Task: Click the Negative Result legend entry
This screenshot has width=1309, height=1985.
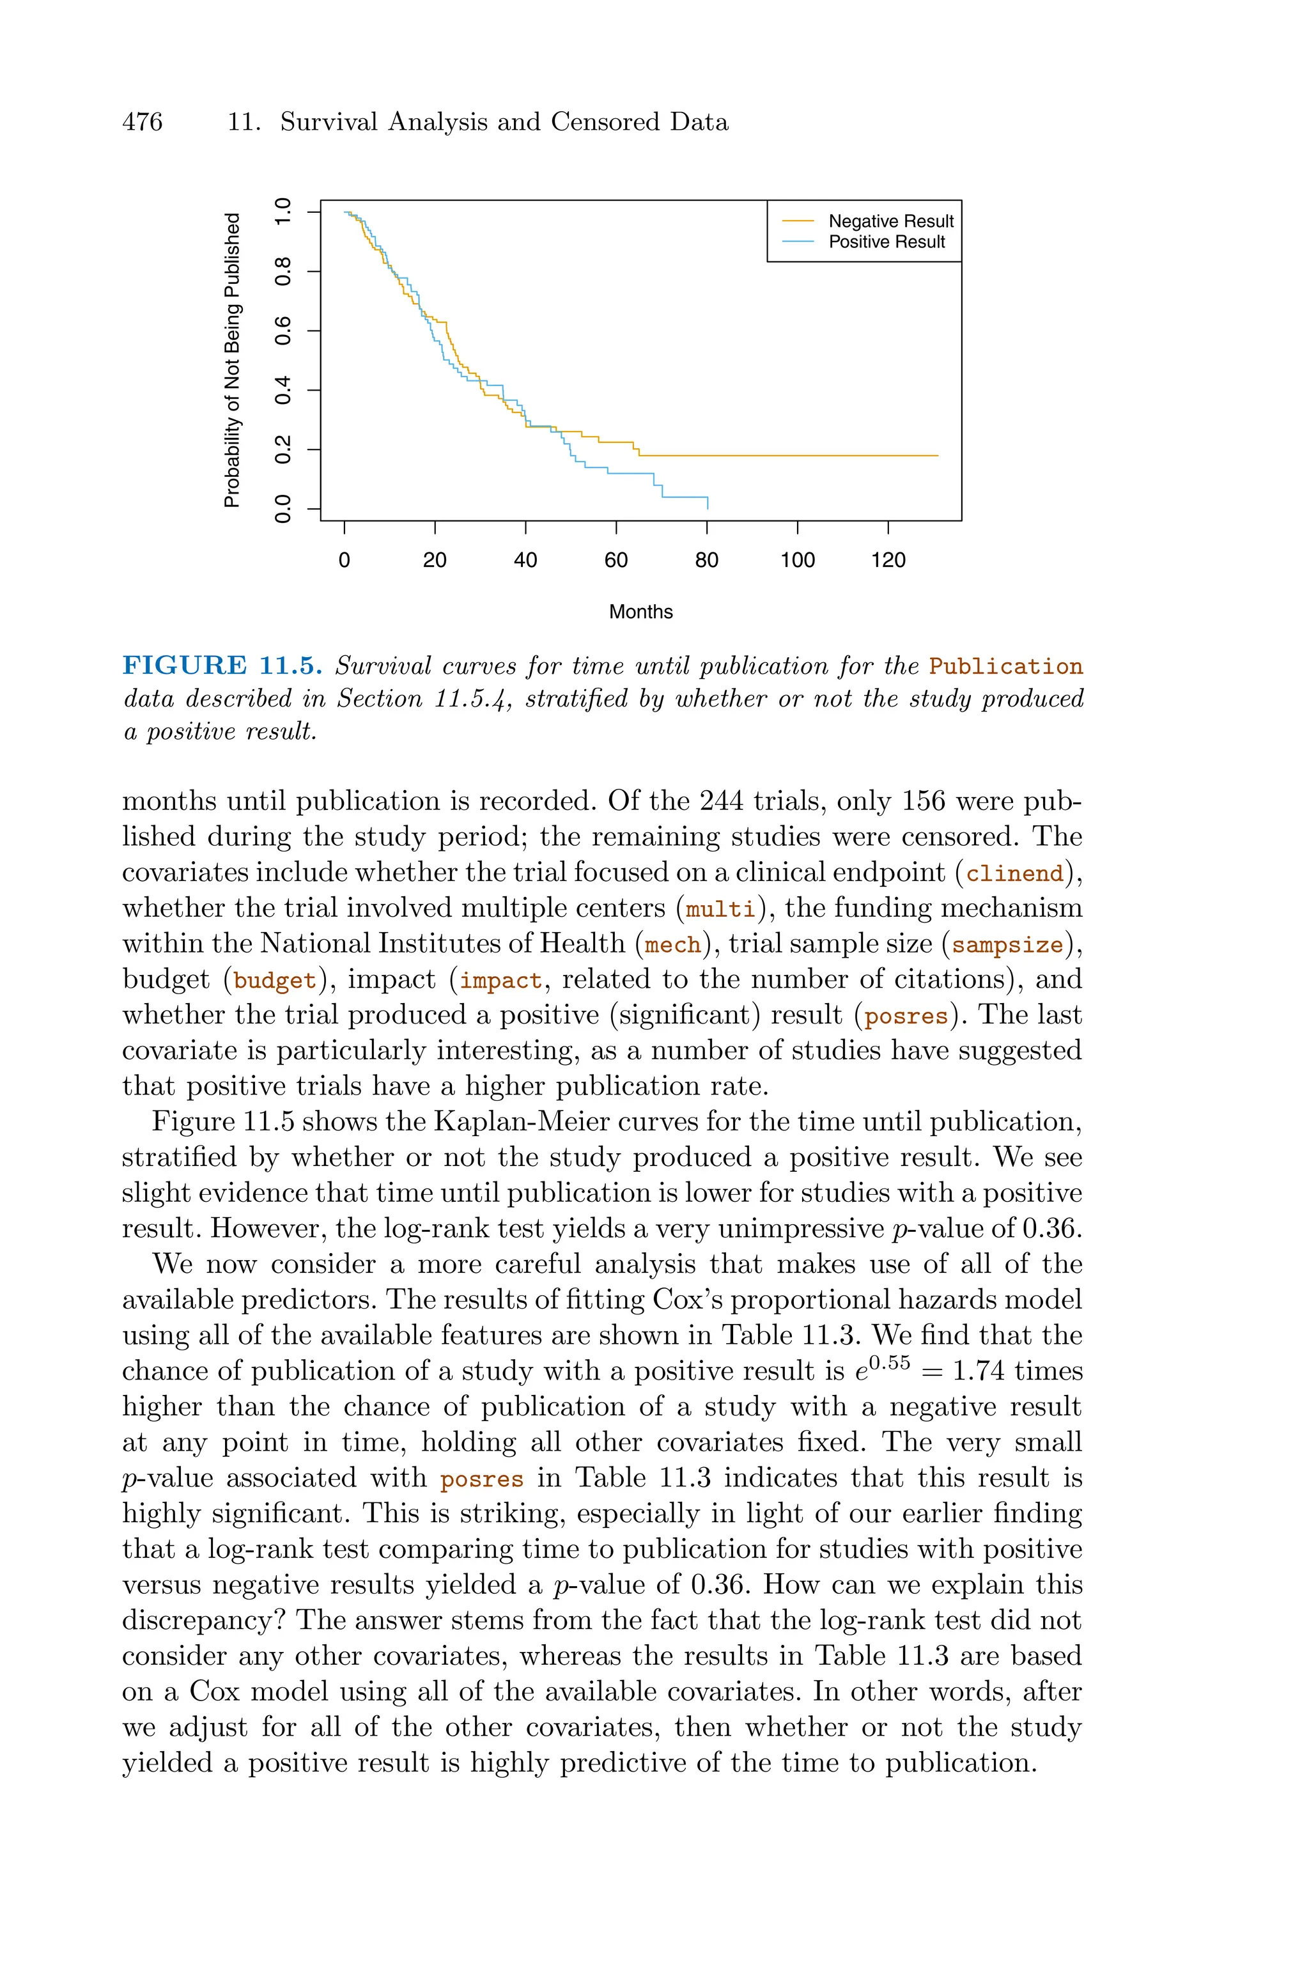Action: pyautogui.click(x=890, y=221)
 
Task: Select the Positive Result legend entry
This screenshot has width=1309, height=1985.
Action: pyautogui.click(x=887, y=242)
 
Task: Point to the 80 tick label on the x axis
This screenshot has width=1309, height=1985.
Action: pyautogui.click(x=706, y=561)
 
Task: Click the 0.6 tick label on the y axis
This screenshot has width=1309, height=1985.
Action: pyautogui.click(x=284, y=331)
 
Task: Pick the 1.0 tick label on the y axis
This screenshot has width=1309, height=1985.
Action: pyautogui.click(x=284, y=211)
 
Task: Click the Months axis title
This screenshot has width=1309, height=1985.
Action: pyautogui.click(x=640, y=612)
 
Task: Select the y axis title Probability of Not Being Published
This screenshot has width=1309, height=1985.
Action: pyautogui.click(x=231, y=360)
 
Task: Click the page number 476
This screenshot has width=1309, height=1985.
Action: pyautogui.click(x=143, y=123)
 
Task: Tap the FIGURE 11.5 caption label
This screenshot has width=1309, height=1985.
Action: pyautogui.click(x=222, y=666)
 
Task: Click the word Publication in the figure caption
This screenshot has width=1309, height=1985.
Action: pyautogui.click(x=1006, y=667)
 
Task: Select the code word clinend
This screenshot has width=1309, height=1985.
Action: pyautogui.click(x=1014, y=874)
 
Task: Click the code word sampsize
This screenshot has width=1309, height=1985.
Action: pyautogui.click(x=1007, y=946)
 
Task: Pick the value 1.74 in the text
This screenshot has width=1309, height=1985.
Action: pyautogui.click(x=977, y=1371)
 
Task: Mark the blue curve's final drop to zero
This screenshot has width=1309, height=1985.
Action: pyautogui.click(x=707, y=503)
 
